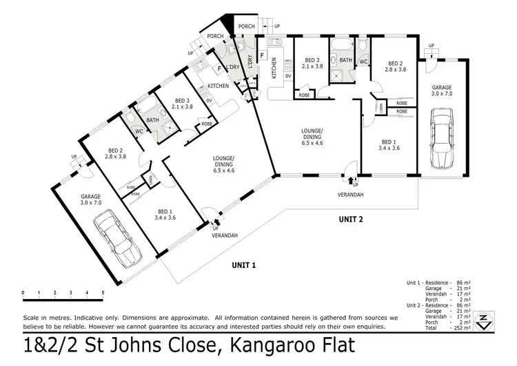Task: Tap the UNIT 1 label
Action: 244,264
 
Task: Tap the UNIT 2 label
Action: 351,220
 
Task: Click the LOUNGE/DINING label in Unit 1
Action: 225,164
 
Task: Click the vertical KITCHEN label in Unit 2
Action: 274,66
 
